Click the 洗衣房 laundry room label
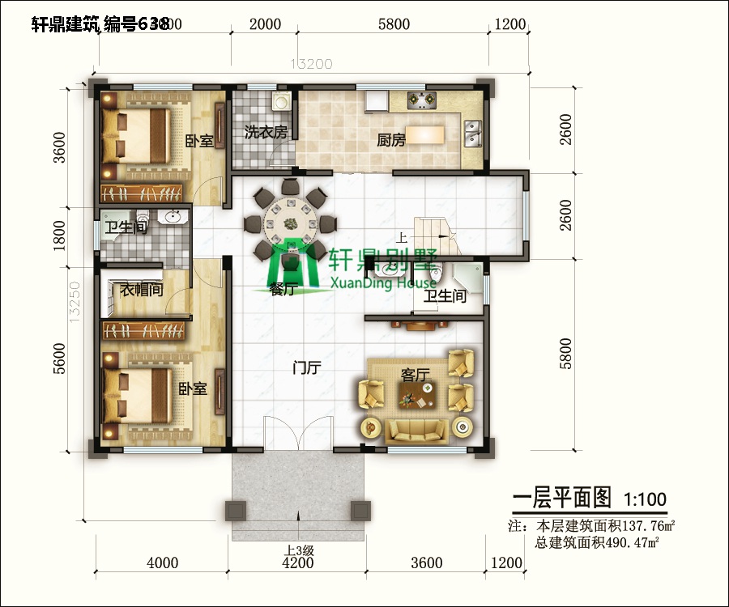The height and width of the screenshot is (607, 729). pyautogui.click(x=266, y=132)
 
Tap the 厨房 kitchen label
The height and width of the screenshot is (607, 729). pyautogui.click(x=391, y=140)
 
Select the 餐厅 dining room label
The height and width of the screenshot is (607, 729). pyautogui.click(x=282, y=291)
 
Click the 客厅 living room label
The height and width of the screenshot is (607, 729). pyautogui.click(x=415, y=375)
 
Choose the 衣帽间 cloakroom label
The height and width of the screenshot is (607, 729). pyautogui.click(x=142, y=289)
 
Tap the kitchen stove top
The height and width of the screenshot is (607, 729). pyautogui.click(x=422, y=100)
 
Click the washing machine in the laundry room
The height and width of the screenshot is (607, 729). pyautogui.click(x=280, y=101)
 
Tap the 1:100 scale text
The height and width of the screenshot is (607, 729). pyautogui.click(x=646, y=499)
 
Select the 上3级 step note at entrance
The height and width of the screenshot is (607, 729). pyautogui.click(x=297, y=550)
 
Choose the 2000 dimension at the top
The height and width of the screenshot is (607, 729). pyautogui.click(x=265, y=24)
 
